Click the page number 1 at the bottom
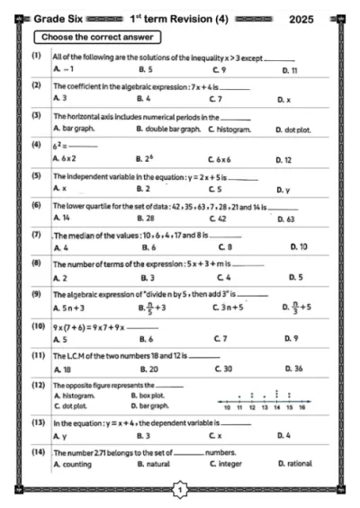(x=181, y=489)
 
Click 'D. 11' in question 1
(x=289, y=68)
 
